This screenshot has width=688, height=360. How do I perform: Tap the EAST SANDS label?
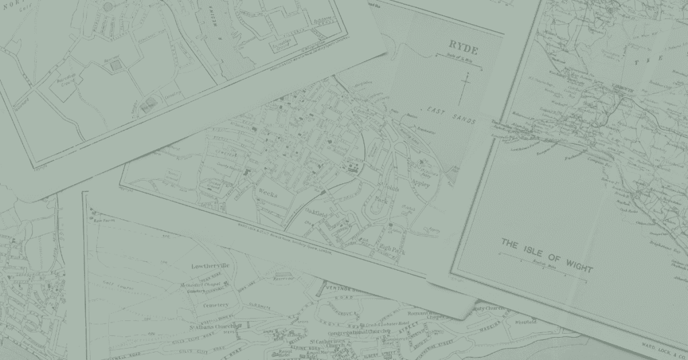point(452,115)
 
